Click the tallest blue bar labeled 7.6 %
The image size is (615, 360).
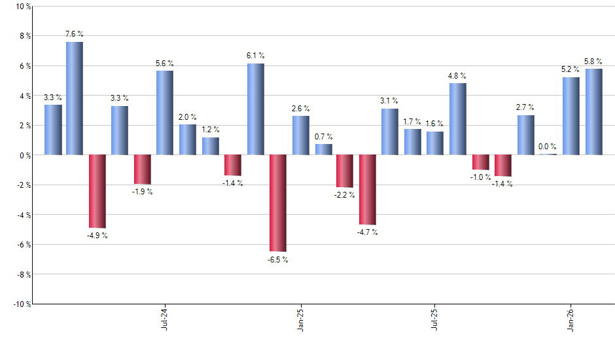tap(75, 98)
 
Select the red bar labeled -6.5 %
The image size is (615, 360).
tap(278, 203)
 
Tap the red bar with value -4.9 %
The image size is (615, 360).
tap(97, 191)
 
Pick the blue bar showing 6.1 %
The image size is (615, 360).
tap(255, 109)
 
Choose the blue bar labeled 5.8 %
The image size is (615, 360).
tap(594, 112)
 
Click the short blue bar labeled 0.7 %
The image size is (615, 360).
tap(323, 149)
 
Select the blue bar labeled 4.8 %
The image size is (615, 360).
tap(458, 119)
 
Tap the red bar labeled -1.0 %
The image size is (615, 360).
tap(481, 162)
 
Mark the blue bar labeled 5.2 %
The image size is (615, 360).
tap(571, 116)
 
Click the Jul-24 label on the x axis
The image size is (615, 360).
tap(163, 318)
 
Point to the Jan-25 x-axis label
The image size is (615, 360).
tap(300, 318)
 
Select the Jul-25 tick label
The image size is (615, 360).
tap(435, 318)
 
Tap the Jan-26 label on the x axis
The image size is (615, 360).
tap(571, 318)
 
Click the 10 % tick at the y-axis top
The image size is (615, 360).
tap(22, 7)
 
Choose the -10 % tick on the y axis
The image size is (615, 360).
tap(21, 304)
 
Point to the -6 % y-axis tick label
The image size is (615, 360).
tap(23, 245)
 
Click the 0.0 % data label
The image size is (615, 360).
tap(548, 147)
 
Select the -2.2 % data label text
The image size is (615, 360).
tap(345, 195)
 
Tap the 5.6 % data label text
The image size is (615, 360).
tap(165, 63)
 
